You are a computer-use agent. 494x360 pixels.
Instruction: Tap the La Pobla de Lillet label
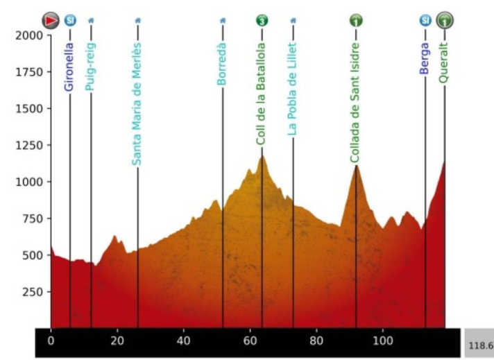coord(293,90)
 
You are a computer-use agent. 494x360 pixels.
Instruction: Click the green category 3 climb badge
coord(262,20)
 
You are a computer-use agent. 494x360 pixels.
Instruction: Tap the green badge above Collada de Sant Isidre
coord(355,20)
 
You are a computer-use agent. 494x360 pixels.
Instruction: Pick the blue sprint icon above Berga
coord(425,20)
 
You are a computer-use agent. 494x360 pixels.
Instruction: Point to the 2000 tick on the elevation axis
coord(27,35)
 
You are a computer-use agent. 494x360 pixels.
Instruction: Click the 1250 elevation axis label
coord(27,145)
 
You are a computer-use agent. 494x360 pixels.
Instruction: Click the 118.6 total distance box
coord(479,344)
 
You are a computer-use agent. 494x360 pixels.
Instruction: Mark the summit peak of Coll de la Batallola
coord(262,156)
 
